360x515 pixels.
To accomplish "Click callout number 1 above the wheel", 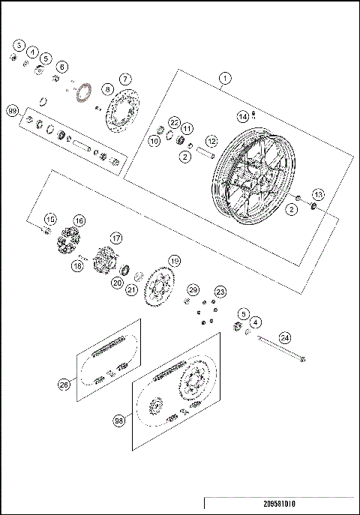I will point(223,77).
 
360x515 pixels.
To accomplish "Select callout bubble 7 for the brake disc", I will point(125,79).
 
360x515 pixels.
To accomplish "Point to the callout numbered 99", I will point(12,110).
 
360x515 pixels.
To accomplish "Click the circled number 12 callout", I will point(211,140).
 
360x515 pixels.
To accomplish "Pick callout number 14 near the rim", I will point(242,117).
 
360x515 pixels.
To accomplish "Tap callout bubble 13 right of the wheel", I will point(318,194).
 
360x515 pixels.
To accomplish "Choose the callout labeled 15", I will point(49,219).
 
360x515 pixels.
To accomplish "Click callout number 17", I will point(116,238).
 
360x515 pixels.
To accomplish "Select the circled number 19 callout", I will point(174,261).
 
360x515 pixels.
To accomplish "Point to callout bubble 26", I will point(64,385).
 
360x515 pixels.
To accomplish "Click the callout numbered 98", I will point(118,421).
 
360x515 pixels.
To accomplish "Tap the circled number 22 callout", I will point(174,122).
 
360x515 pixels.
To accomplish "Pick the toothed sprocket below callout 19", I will point(159,288).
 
